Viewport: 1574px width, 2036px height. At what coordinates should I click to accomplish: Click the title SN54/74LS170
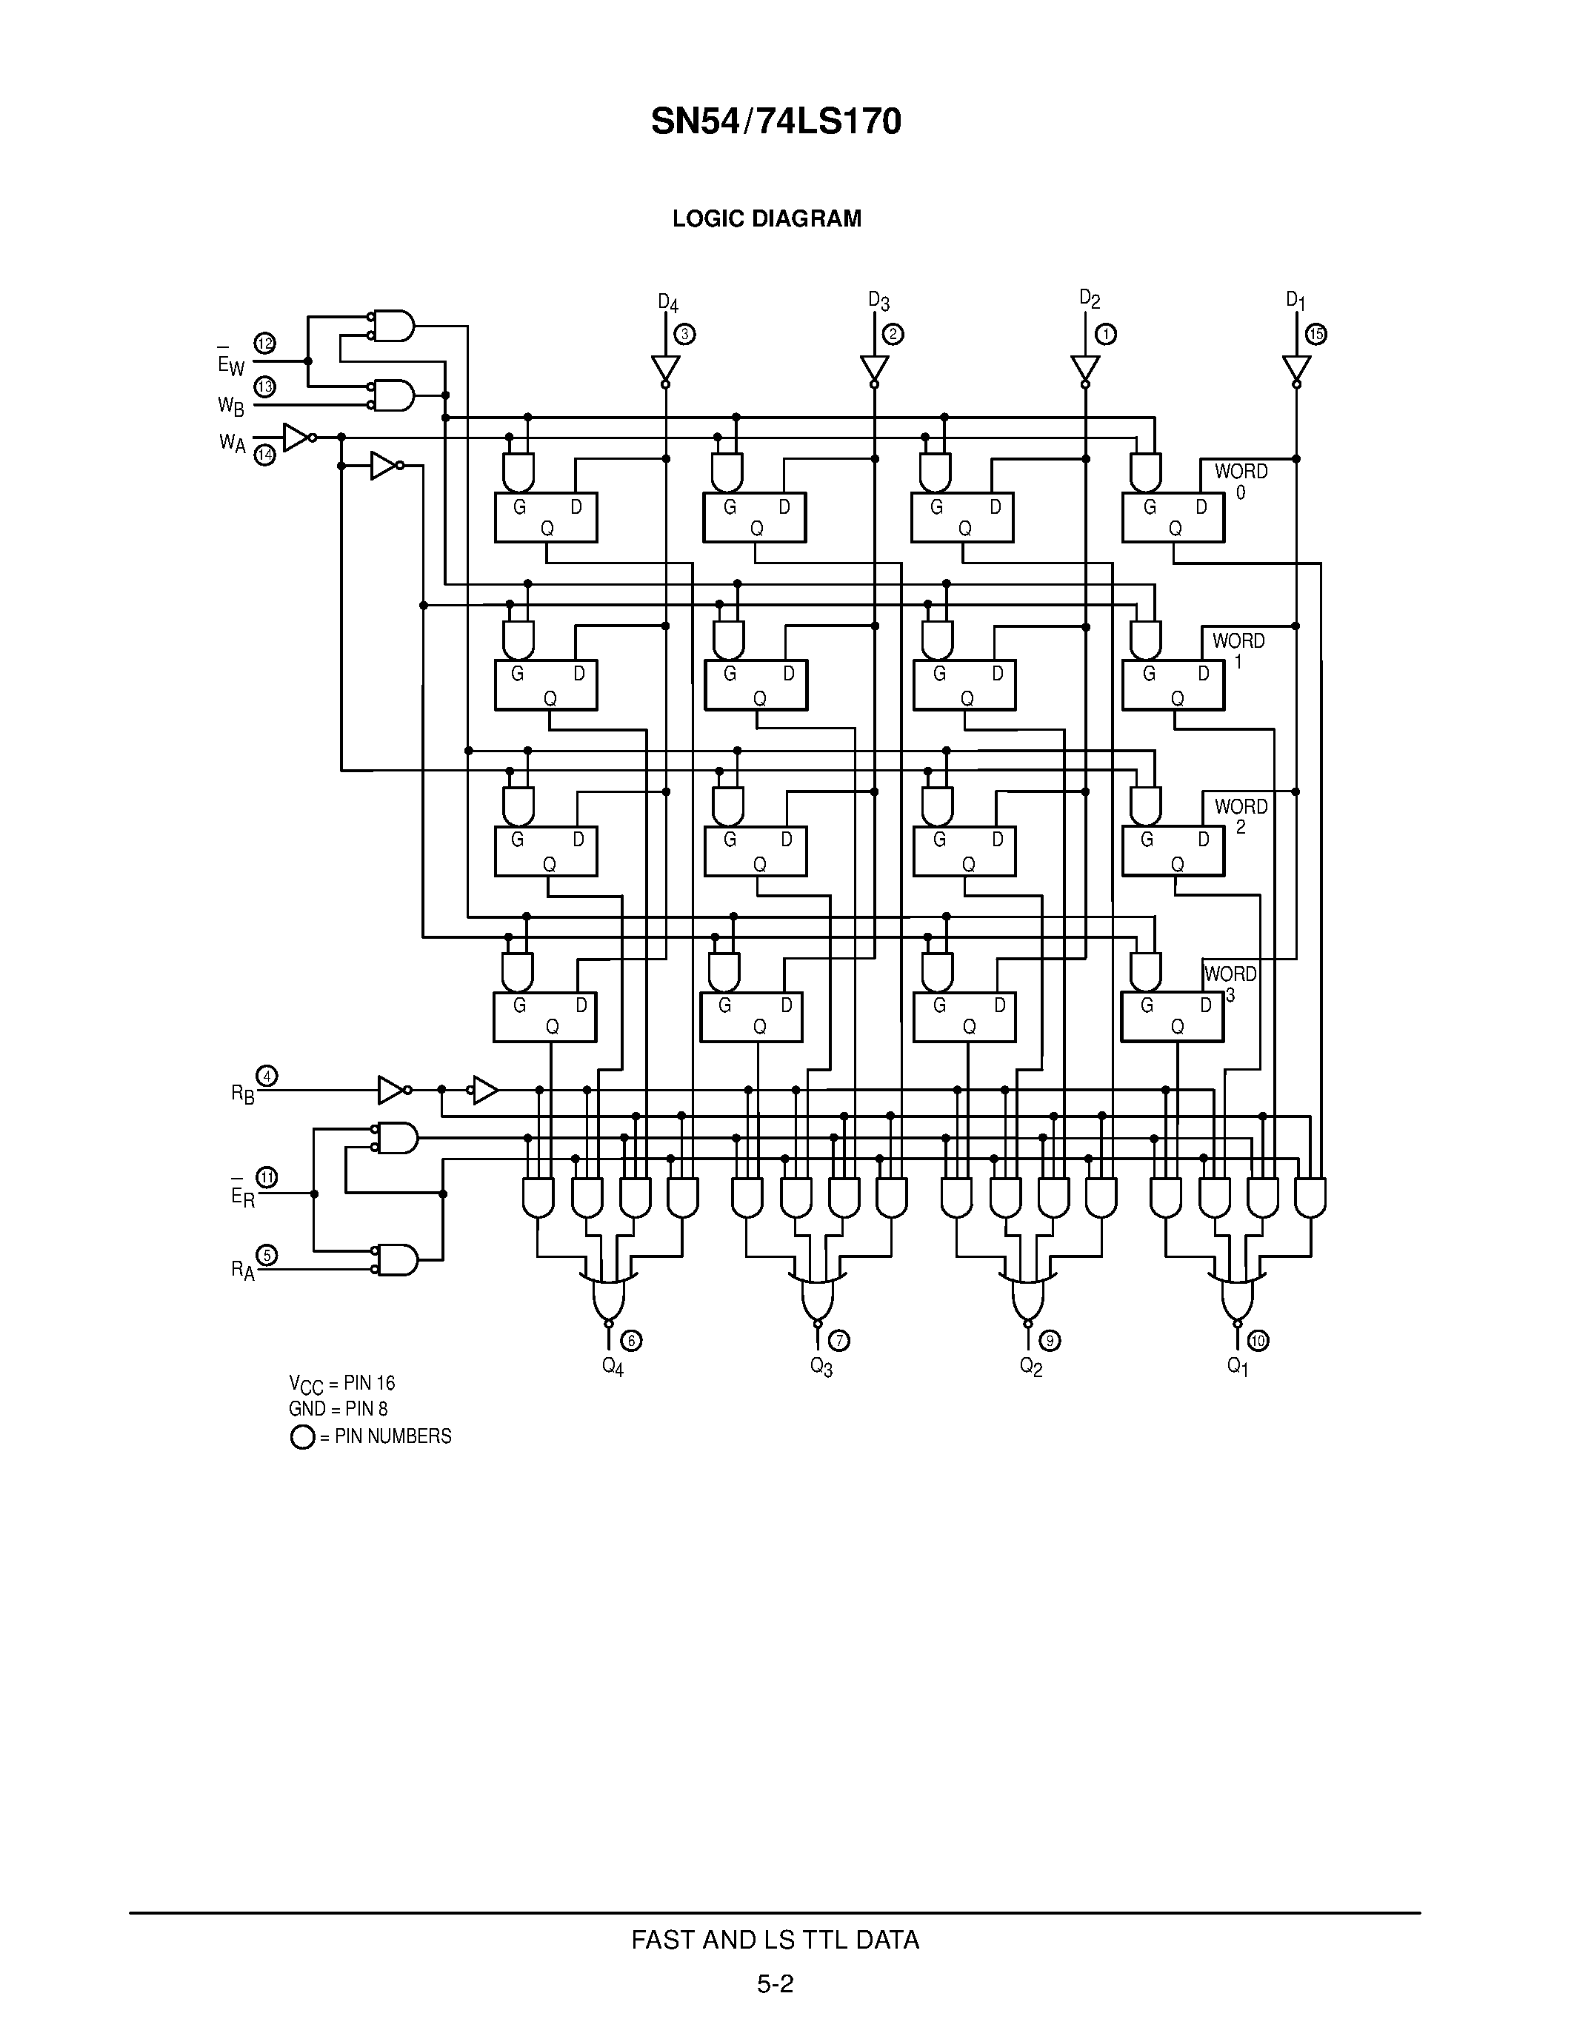[x=776, y=122]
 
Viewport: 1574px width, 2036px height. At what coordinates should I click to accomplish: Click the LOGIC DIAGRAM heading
[x=767, y=219]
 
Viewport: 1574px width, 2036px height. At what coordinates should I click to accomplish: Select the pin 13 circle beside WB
[x=265, y=386]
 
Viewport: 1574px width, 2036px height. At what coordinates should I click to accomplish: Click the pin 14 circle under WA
[x=265, y=455]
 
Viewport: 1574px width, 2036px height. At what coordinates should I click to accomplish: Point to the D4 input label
[x=667, y=303]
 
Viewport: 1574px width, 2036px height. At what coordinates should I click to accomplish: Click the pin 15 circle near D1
[x=1315, y=334]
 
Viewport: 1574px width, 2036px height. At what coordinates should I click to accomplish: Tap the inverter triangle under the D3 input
[x=874, y=367]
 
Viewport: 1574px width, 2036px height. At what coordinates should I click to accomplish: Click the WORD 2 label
[x=1240, y=816]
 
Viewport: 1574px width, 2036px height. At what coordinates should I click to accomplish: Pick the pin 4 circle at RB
[x=267, y=1076]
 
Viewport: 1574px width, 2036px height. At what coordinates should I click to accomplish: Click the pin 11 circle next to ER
[x=267, y=1177]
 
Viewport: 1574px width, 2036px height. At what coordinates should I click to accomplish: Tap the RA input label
[x=242, y=1270]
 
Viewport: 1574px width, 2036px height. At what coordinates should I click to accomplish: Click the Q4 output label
[x=613, y=1367]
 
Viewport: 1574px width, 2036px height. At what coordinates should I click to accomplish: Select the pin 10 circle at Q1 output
[x=1258, y=1341]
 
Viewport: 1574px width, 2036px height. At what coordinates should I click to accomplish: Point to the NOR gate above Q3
[x=817, y=1295]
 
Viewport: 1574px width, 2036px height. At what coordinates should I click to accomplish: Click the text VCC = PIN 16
[x=341, y=1384]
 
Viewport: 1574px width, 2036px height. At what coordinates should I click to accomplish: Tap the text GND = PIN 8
[x=338, y=1409]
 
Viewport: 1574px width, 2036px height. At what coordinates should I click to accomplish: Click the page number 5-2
[x=775, y=1983]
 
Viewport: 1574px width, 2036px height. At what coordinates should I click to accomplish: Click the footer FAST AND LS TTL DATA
[x=775, y=1940]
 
